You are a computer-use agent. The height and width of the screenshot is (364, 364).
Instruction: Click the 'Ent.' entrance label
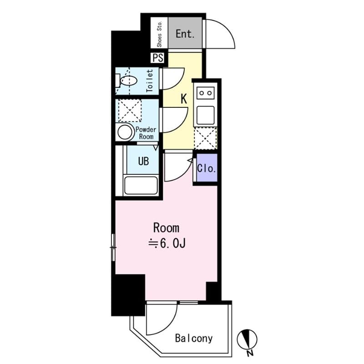[x=185, y=34]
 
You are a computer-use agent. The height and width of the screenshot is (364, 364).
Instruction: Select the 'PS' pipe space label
[x=158, y=58]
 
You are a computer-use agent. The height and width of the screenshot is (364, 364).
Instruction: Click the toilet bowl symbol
[x=127, y=81]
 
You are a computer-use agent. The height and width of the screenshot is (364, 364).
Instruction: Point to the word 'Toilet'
[x=150, y=81]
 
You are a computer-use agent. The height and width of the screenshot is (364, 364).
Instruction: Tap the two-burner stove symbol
[x=206, y=93]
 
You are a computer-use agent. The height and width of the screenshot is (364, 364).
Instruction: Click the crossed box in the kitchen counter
[x=206, y=138]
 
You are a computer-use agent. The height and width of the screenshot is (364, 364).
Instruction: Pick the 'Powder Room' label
[x=145, y=133]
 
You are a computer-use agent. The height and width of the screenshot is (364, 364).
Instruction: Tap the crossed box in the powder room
[x=130, y=111]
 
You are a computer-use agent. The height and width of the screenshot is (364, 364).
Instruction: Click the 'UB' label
[x=143, y=162]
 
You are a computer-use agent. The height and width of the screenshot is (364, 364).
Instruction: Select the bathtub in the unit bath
[x=141, y=185]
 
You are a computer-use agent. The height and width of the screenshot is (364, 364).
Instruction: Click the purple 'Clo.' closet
[x=206, y=168]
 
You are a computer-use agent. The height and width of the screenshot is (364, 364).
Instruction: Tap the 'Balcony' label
[x=194, y=338]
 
